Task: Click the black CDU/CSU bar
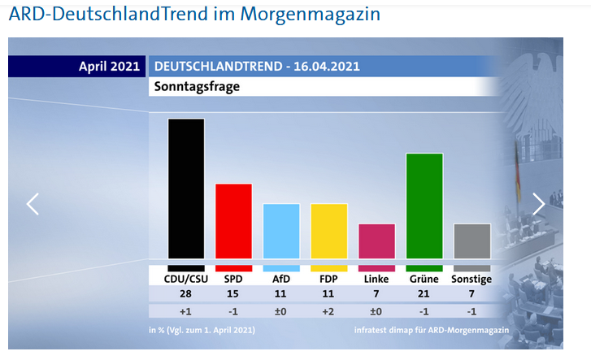coord(185,189)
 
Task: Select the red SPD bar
coord(233,221)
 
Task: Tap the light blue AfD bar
coord(281,231)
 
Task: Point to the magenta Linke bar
coord(376,241)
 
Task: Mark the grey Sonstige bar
coord(471,241)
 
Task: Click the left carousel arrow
coord(33,204)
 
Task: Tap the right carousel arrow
coord(538,204)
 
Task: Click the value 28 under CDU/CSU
coord(185,293)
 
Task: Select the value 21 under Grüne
coord(424,293)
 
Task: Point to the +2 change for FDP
coord(328,310)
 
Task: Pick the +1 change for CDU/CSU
coord(185,310)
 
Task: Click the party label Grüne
coord(424,279)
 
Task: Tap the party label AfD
coord(281,279)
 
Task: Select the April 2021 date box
coord(108,67)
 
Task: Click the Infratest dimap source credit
coord(431,331)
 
